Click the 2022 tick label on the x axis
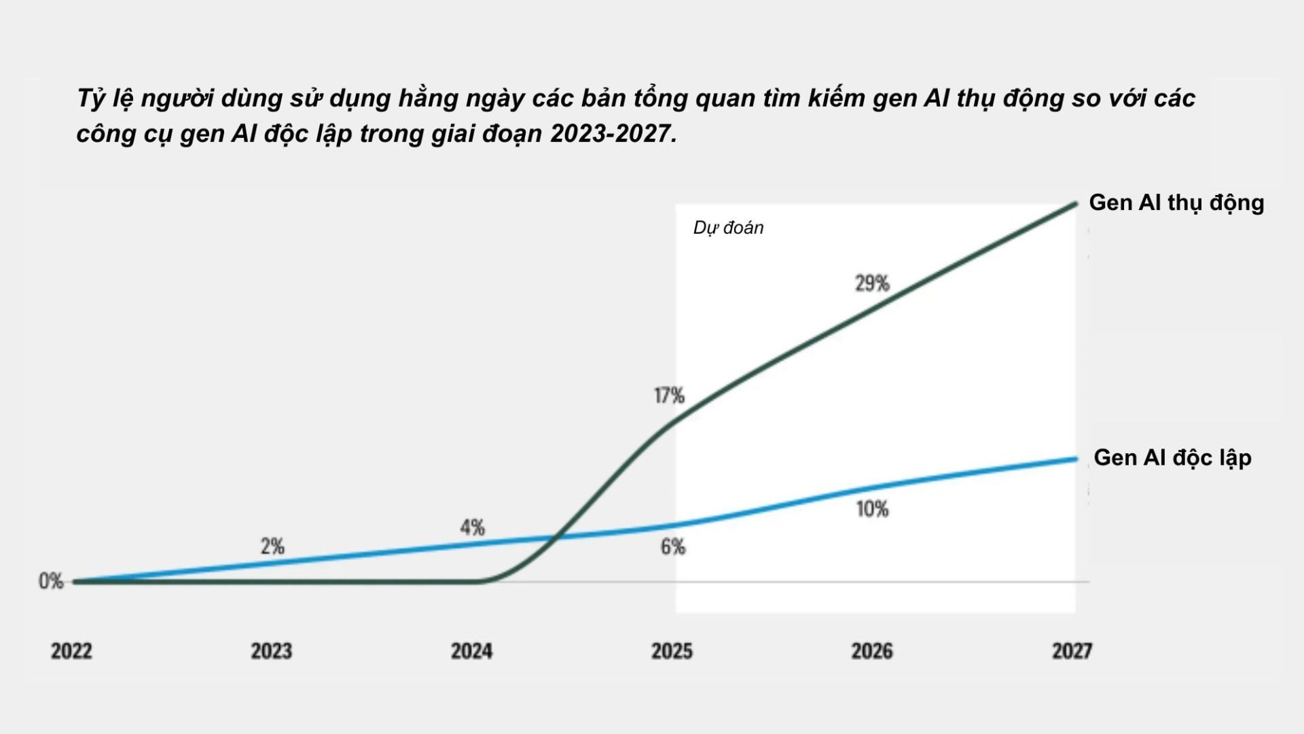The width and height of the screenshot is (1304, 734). tap(71, 651)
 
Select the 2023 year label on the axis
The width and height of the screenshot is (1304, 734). tap(271, 651)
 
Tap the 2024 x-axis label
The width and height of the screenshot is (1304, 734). tap(471, 651)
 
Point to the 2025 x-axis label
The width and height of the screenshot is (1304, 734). tap(672, 651)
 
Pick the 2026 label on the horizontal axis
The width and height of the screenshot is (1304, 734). tap(872, 651)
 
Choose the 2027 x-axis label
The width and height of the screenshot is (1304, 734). tap(1072, 651)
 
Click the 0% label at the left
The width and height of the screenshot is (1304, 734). tap(51, 581)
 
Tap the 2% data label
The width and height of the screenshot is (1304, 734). tap(272, 546)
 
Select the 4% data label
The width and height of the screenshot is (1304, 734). tap(472, 527)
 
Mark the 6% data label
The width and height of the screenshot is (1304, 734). tap(673, 546)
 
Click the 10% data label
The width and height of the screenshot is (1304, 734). tap(872, 509)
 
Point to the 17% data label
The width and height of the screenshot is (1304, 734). tap(669, 396)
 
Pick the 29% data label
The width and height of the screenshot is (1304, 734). tap(872, 283)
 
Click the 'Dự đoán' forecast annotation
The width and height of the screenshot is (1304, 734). tap(728, 228)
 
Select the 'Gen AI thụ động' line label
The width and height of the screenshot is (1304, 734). tap(1176, 203)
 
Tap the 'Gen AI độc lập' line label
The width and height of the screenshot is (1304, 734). tap(1172, 458)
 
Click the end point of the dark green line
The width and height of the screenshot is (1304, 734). tap(1076, 203)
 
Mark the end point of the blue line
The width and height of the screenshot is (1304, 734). tap(1076, 459)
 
